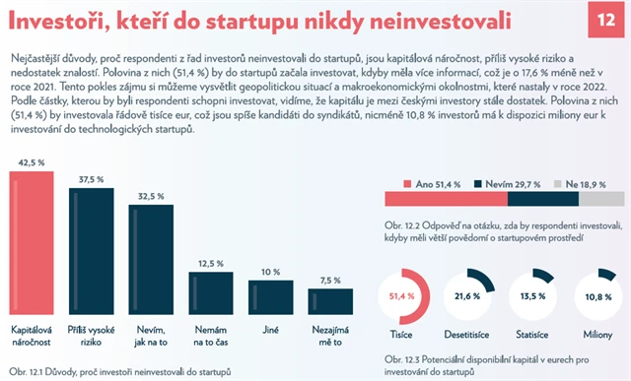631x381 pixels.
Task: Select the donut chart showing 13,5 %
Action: (536, 295)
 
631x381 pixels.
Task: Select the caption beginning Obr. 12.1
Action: (118, 373)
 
